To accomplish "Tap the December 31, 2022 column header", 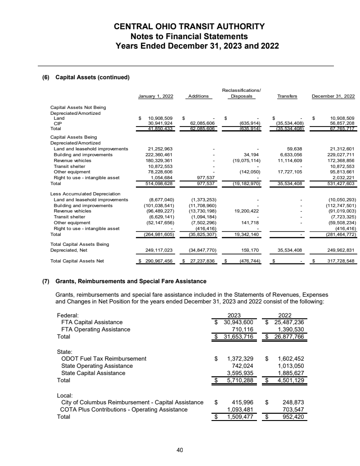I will (x=333, y=96).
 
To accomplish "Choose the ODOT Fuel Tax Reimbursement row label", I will (x=103, y=358).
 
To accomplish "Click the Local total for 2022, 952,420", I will (x=292, y=416).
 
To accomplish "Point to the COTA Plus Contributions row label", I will (x=124, y=409).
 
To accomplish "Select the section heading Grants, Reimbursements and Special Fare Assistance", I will (x=130, y=281).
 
